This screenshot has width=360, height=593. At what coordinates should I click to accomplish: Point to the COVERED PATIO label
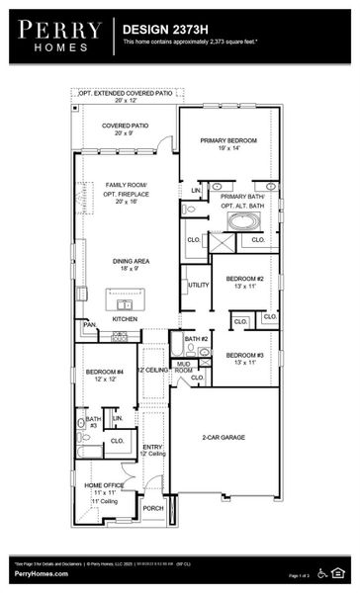127,128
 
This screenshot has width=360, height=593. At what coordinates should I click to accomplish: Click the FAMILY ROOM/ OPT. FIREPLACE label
127,193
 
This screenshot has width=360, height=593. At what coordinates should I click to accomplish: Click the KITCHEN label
126,319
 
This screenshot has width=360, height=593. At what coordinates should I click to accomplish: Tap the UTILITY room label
198,285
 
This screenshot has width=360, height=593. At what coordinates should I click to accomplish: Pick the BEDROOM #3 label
243,358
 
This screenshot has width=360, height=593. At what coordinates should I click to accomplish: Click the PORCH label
153,508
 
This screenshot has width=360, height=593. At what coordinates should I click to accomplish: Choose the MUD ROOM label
184,367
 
